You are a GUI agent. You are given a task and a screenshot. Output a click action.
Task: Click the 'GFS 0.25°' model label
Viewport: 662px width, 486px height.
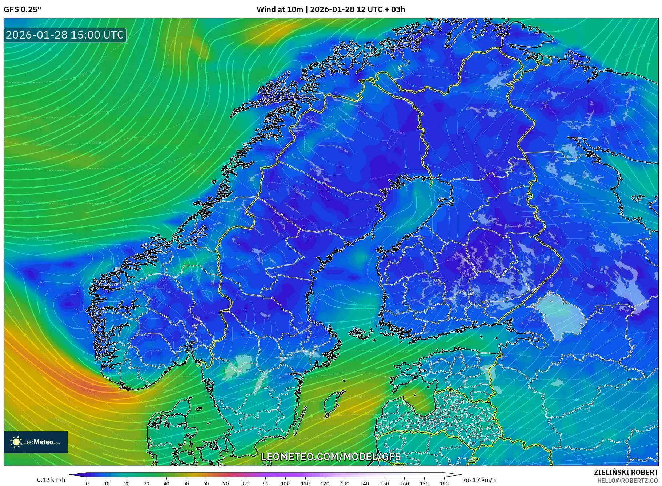22,9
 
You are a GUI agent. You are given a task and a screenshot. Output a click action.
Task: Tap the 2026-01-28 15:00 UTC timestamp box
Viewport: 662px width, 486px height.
65,35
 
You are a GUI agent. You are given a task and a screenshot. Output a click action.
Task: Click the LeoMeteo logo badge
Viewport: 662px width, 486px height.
36,442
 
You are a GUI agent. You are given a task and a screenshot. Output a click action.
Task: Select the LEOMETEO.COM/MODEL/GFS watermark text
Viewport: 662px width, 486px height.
331,457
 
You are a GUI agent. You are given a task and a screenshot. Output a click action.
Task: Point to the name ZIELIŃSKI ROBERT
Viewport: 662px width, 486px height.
626,472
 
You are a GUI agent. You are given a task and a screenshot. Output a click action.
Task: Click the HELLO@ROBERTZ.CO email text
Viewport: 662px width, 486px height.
627,480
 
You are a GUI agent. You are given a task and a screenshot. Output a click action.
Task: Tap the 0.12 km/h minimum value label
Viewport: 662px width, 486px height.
51,480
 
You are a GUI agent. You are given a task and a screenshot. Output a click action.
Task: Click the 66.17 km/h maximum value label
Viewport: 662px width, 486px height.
480,480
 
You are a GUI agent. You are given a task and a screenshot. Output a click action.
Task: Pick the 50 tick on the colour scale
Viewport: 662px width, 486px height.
186,483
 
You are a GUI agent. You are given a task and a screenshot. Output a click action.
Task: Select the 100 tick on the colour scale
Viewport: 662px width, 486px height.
285,483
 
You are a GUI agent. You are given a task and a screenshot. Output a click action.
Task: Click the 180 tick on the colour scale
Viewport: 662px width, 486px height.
444,483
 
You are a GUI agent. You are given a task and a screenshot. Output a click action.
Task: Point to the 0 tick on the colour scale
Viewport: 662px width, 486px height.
87,483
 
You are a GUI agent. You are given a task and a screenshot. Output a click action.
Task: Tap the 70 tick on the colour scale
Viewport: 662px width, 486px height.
226,483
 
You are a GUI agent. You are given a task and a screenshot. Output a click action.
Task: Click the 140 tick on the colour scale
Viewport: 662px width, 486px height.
365,483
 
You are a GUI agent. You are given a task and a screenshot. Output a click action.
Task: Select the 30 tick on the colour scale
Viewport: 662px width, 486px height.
147,483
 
